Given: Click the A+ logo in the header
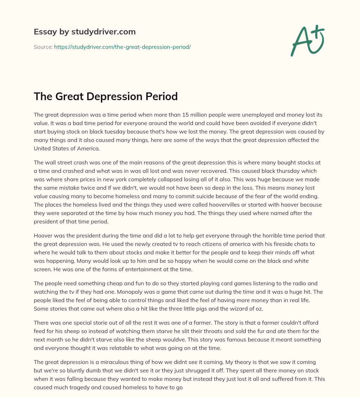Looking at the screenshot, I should [307, 41].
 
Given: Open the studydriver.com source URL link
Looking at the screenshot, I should [122, 47].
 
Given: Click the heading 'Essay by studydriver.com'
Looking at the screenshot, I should [84, 32].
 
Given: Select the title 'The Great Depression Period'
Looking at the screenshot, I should [105, 96].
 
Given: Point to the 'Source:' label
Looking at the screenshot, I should [43, 47].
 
